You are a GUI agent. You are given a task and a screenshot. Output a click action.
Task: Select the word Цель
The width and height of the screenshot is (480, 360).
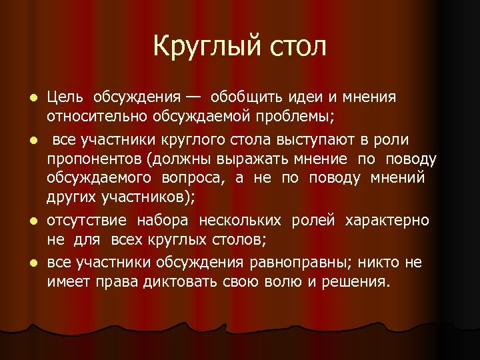pos(65,98)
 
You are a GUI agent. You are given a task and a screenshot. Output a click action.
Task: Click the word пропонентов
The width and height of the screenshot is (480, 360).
pos(95,159)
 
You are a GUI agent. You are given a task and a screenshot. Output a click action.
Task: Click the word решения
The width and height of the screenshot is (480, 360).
pos(356,281)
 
